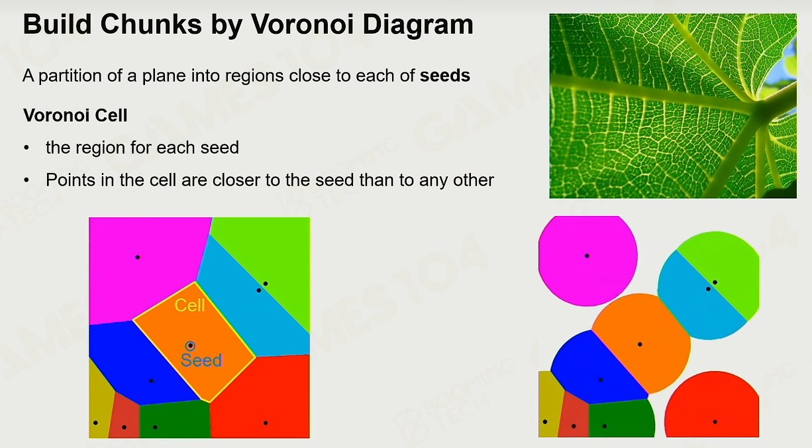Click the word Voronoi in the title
(302, 25)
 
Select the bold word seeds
(445, 76)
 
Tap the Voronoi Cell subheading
(75, 115)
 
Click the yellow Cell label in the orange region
(189, 306)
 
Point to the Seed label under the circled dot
(201, 361)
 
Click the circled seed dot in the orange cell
(190, 346)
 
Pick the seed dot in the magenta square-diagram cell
(137, 257)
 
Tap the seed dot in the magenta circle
(587, 256)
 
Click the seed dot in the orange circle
(640, 344)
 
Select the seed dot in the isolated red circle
(715, 422)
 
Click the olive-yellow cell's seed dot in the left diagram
(95, 423)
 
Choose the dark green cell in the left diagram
(175, 419)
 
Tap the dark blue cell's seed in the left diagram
(152, 381)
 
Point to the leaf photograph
(673, 106)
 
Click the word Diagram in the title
(418, 25)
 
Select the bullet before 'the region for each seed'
(26, 148)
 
